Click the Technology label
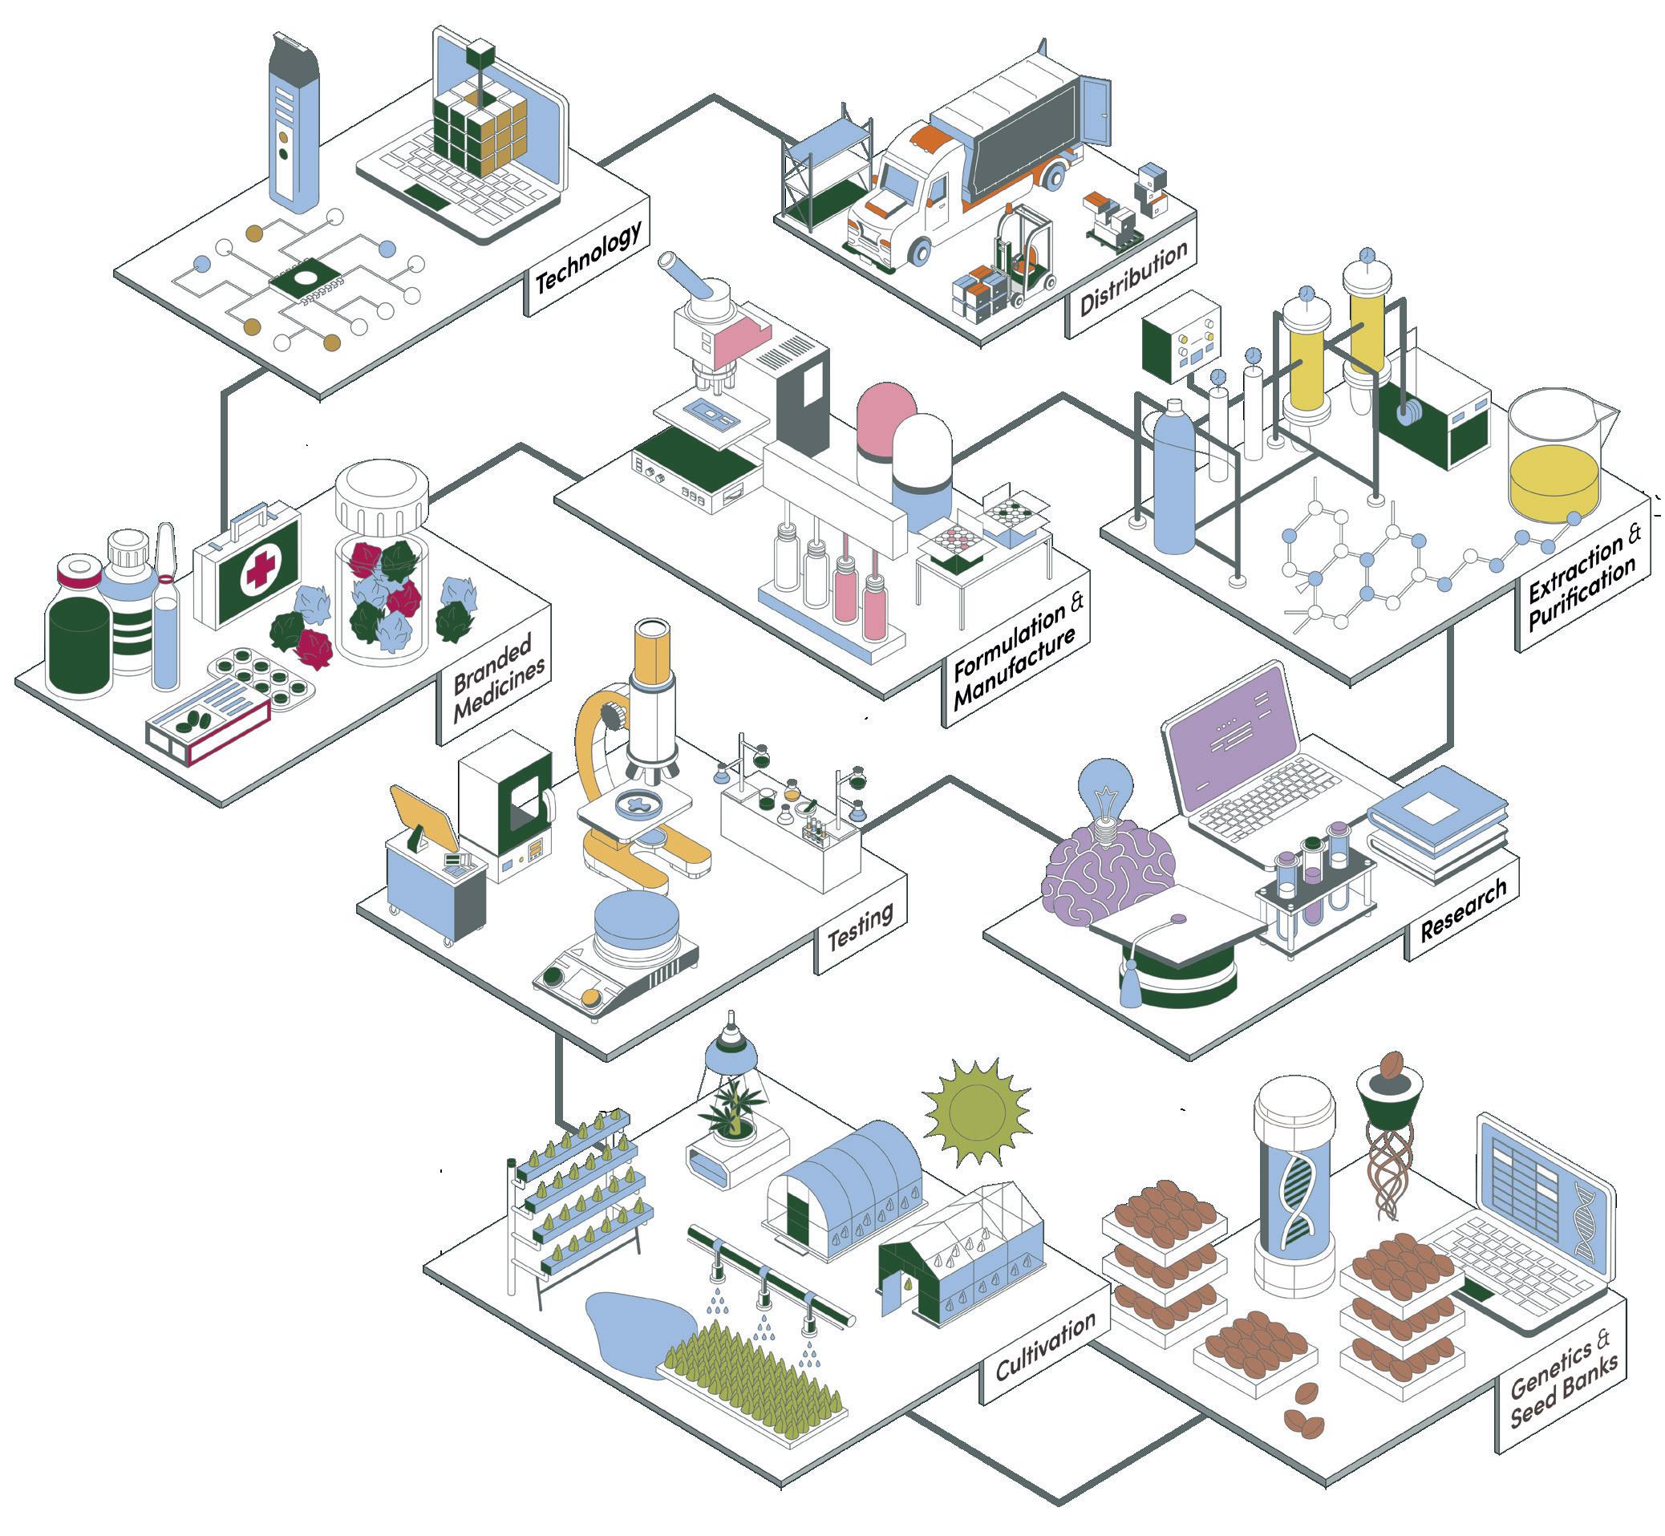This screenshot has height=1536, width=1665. tap(587, 257)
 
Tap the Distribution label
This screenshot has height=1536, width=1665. tap(1132, 278)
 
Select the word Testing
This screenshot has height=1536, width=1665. tap(860, 926)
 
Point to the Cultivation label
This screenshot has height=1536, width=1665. tap(1045, 1345)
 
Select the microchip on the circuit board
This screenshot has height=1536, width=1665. tap(306, 280)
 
